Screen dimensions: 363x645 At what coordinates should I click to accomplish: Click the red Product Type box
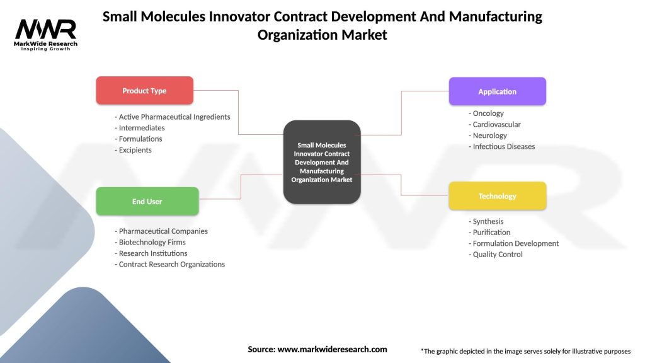[x=144, y=91]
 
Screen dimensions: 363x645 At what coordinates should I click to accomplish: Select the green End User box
[x=147, y=202]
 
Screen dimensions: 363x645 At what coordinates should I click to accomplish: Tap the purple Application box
[x=497, y=91]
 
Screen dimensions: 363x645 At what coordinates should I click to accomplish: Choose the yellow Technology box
[x=497, y=196]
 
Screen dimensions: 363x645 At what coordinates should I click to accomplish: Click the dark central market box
[x=322, y=163]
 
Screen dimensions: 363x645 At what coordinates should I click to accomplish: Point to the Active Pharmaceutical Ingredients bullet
[x=173, y=117]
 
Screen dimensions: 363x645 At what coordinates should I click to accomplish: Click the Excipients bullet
[x=134, y=150]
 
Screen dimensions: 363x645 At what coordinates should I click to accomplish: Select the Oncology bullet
[x=486, y=113]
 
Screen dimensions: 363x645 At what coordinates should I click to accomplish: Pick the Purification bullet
[x=490, y=233]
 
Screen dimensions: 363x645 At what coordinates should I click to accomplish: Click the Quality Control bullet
[x=496, y=255]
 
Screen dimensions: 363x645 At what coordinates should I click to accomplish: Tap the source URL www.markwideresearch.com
[x=332, y=349]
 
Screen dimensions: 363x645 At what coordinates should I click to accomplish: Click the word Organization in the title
[x=298, y=35]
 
